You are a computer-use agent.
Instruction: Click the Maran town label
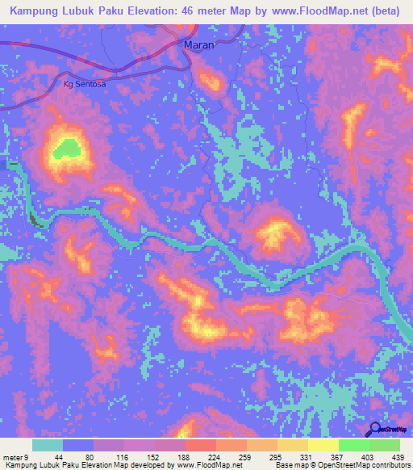[198, 45]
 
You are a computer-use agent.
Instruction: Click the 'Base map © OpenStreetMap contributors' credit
[343, 465]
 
